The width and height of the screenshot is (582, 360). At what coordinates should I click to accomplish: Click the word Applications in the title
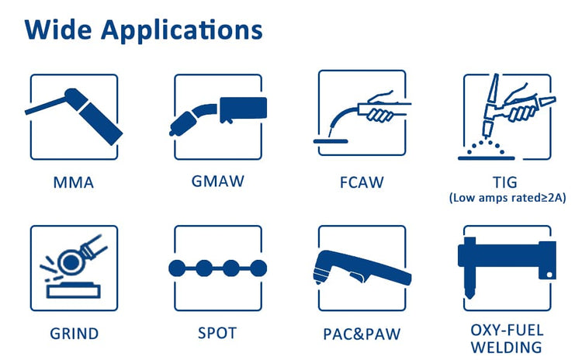tap(182, 30)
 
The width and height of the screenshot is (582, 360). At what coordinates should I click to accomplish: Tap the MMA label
tap(74, 183)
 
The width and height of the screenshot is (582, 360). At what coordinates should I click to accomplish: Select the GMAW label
tap(218, 182)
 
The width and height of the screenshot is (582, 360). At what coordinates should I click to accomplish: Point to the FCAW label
tap(362, 183)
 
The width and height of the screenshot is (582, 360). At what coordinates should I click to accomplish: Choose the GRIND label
tap(74, 334)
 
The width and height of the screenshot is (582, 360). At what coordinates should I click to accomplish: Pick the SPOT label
tap(218, 334)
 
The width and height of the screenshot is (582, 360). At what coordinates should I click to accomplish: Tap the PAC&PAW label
tap(362, 334)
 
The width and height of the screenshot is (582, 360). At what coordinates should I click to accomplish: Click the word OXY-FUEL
tap(506, 329)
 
